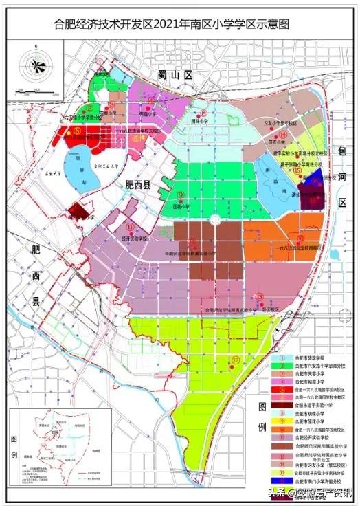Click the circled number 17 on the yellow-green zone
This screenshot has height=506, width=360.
tap(236, 360)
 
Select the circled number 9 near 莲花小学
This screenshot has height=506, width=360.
tap(181, 195)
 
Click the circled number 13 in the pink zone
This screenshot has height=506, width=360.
tap(259, 297)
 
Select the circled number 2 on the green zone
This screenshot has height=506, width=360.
tap(90, 109)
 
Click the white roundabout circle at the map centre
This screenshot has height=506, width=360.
tap(214, 219)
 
